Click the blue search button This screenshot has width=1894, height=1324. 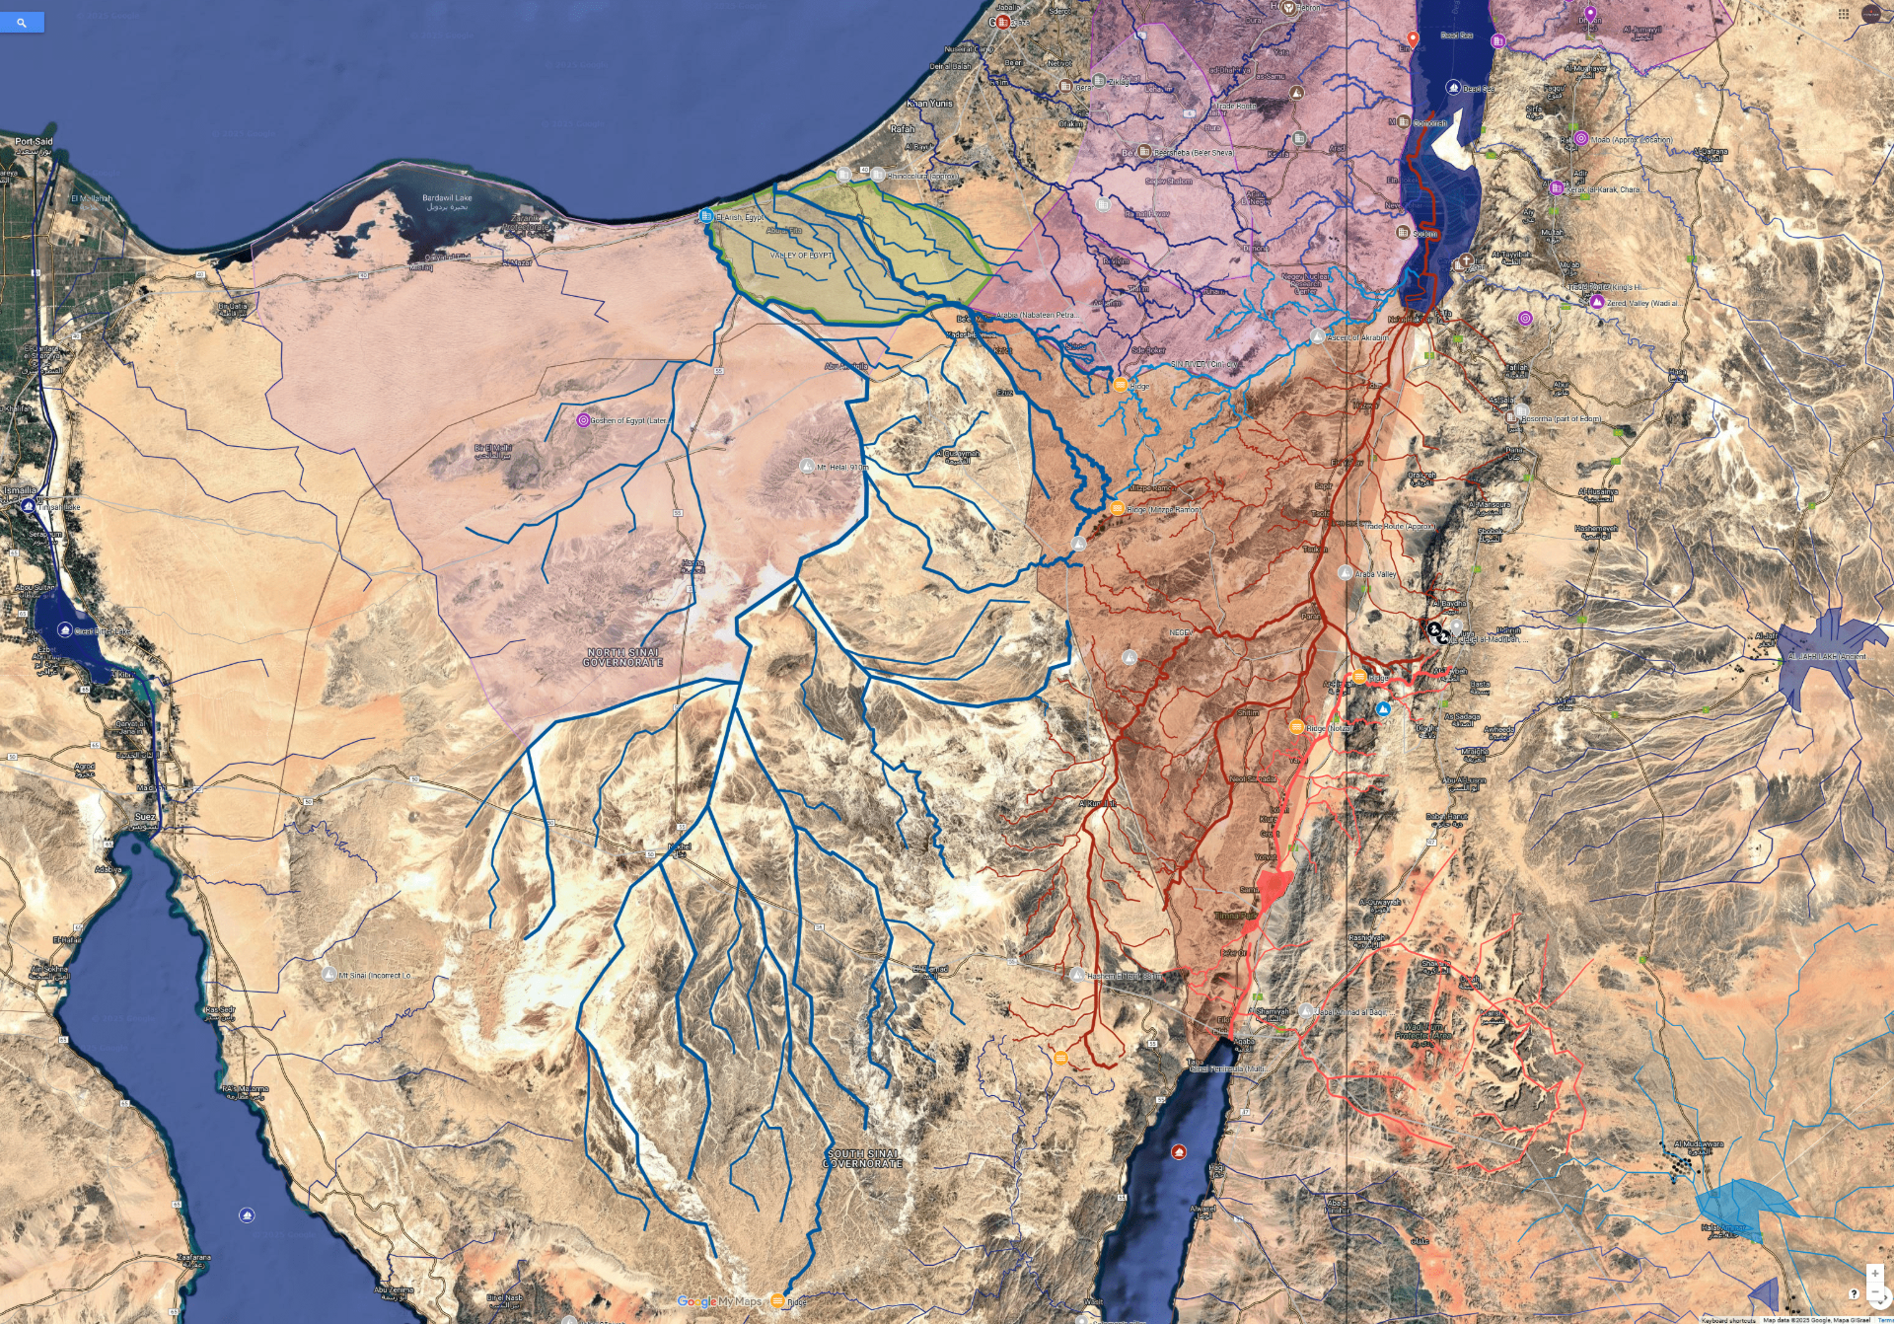[x=22, y=22]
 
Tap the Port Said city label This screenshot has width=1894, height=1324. [x=34, y=142]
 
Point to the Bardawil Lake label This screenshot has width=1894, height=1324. [x=447, y=198]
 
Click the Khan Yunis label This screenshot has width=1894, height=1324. [x=929, y=104]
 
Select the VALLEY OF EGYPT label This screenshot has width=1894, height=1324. [x=801, y=256]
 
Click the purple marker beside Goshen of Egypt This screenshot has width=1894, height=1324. [x=583, y=420]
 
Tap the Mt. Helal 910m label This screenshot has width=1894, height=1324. [x=841, y=468]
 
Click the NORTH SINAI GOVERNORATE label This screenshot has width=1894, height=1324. [x=623, y=657]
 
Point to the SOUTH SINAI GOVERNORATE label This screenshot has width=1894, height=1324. [x=863, y=1158]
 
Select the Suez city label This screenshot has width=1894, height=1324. [x=145, y=817]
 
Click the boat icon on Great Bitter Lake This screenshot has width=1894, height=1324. [x=65, y=629]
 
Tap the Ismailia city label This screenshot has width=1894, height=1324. [x=20, y=490]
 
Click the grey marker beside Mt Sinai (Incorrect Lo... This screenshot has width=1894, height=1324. [x=328, y=974]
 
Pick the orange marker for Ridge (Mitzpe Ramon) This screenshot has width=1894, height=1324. [x=1117, y=509]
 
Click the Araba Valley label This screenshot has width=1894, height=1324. [x=1375, y=574]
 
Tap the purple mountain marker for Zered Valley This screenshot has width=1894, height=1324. [x=1596, y=302]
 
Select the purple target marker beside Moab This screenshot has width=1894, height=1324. [x=1580, y=139]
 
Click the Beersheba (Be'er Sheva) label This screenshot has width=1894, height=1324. [x=1193, y=153]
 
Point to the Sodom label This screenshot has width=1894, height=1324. [x=1424, y=234]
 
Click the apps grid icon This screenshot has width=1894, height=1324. [x=1843, y=14]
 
